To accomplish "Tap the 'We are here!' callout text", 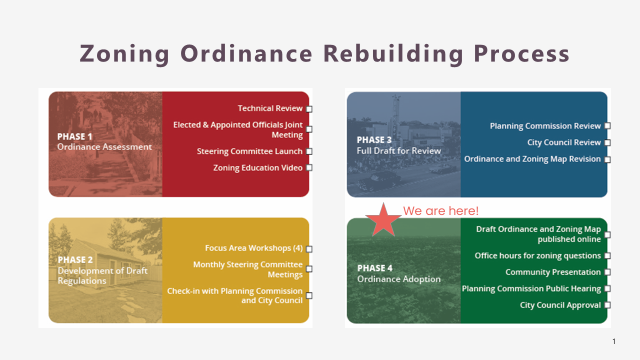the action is [x=440, y=211].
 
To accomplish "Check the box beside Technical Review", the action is [x=309, y=109].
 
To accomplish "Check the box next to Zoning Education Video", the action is [x=309, y=167].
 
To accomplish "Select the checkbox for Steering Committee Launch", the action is [x=309, y=151].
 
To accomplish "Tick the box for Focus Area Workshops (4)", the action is [x=309, y=249].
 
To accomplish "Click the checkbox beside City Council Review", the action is [x=607, y=142].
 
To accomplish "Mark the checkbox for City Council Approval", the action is [x=607, y=305].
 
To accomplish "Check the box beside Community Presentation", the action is [x=607, y=272].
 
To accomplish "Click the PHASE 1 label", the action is [x=74, y=136].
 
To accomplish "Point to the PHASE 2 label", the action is [x=75, y=259].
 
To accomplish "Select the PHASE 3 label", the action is [x=374, y=139].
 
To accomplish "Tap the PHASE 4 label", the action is [x=374, y=268].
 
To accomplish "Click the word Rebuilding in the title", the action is [x=393, y=53].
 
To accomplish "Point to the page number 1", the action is [x=614, y=341].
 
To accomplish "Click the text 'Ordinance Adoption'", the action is [x=399, y=279].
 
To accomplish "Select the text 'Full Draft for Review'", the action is [x=399, y=150].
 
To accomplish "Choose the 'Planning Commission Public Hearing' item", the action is [x=531, y=289].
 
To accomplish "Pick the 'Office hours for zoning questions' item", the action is [x=537, y=255].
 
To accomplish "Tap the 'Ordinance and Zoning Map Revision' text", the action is [x=532, y=159].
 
